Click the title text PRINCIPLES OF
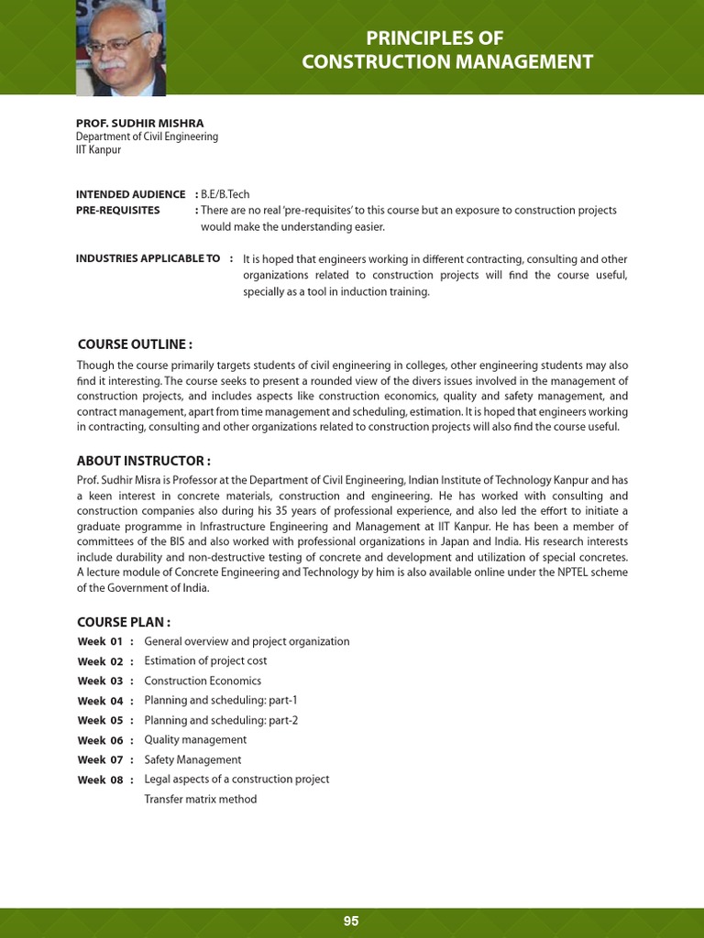click(447, 38)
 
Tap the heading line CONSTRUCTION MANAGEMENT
click(447, 62)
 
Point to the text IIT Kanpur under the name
click(98, 149)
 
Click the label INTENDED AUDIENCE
click(129, 194)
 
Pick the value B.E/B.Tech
click(225, 194)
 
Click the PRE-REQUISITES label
click(117, 210)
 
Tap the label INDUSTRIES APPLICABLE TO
click(148, 258)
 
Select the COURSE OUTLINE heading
click(135, 344)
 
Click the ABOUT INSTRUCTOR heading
click(144, 460)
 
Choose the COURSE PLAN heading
click(124, 623)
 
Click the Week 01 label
click(100, 641)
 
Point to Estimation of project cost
click(205, 660)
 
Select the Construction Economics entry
click(203, 681)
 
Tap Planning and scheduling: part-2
click(221, 720)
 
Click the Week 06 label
click(100, 740)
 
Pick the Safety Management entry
click(192, 759)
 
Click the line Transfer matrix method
click(201, 799)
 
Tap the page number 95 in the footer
click(351, 922)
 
